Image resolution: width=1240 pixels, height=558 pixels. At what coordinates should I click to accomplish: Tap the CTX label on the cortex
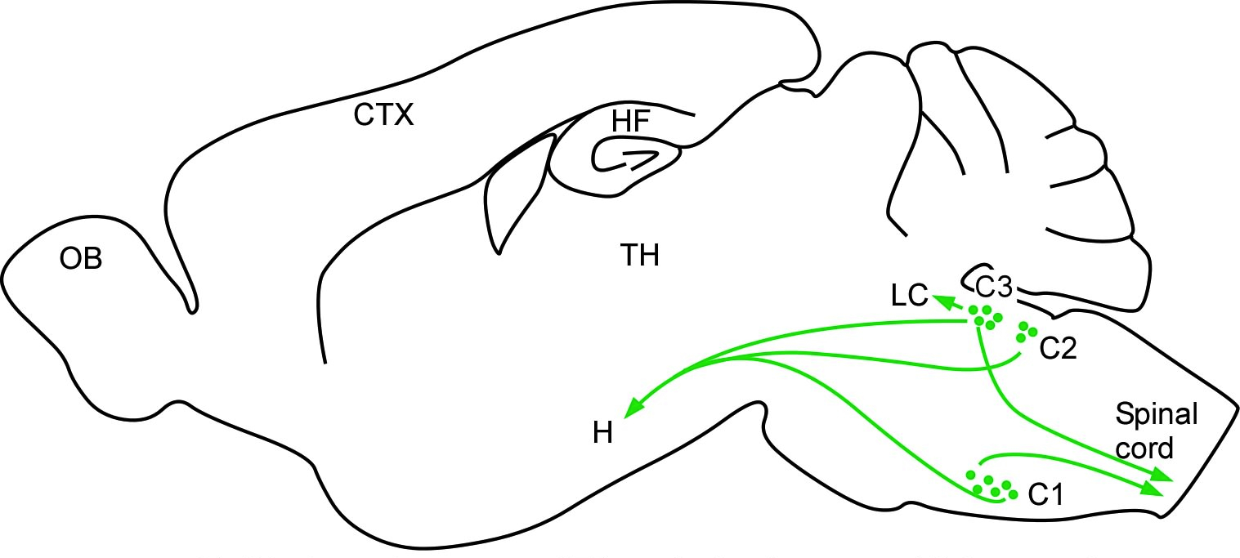384,116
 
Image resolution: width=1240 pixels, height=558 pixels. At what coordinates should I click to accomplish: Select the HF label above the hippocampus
630,122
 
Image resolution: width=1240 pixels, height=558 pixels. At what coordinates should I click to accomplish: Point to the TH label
638,257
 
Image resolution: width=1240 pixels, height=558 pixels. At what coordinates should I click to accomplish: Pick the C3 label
995,287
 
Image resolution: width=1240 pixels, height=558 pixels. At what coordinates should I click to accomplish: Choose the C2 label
1059,349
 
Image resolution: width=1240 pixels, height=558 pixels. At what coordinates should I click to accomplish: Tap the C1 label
1046,493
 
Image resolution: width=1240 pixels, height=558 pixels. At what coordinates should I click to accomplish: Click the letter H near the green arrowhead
603,434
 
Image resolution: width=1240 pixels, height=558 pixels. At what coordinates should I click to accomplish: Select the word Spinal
1157,415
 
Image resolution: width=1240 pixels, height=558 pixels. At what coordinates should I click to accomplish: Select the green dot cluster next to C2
1025,333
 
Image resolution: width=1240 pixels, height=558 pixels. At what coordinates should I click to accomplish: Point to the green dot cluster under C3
984,317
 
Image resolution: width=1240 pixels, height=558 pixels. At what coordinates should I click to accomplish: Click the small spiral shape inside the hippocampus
629,158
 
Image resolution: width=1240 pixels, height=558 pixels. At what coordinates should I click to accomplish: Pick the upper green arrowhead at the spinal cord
1162,476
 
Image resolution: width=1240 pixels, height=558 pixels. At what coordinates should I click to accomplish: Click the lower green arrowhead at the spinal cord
1153,489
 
